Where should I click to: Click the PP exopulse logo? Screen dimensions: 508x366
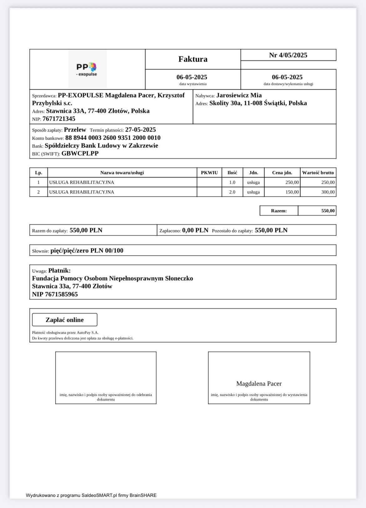(87, 69)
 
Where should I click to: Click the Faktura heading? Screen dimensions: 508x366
(193, 59)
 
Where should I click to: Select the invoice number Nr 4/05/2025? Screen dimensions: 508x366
(288, 55)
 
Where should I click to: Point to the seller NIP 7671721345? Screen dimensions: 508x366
(59, 119)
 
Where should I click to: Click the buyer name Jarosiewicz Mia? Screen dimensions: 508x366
(239, 95)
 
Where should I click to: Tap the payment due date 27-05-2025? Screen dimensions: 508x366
(140, 130)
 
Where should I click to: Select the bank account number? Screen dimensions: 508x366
(113, 138)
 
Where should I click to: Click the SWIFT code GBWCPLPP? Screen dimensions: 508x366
(80, 153)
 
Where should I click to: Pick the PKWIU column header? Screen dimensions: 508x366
(209, 172)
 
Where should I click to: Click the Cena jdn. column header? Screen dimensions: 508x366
(282, 172)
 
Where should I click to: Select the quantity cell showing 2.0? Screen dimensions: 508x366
(232, 192)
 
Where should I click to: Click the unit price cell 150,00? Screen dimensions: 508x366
(292, 192)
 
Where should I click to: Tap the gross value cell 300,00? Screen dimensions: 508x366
(328, 192)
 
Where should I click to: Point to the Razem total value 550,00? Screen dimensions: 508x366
(328, 211)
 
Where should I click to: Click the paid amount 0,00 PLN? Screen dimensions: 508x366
(195, 230)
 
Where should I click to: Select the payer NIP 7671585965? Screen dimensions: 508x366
(61, 294)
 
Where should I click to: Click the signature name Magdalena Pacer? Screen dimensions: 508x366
(259, 384)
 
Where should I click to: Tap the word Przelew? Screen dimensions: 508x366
(75, 130)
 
